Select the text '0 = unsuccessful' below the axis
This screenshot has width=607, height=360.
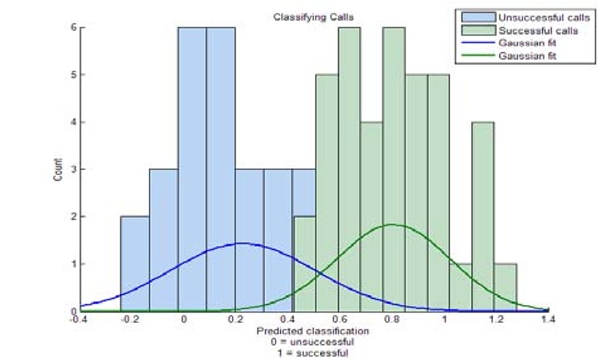click(313, 342)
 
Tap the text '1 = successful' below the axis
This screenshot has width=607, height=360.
click(313, 352)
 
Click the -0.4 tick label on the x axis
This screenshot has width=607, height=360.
click(79, 320)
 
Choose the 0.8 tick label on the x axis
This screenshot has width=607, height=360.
click(392, 320)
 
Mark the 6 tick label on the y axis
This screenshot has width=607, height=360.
click(73, 28)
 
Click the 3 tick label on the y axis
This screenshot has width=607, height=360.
click(73, 169)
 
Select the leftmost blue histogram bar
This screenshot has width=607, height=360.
click(134, 264)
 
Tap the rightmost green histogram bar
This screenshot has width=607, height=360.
click(506, 288)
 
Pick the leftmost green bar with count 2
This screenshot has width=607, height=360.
click(304, 264)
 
